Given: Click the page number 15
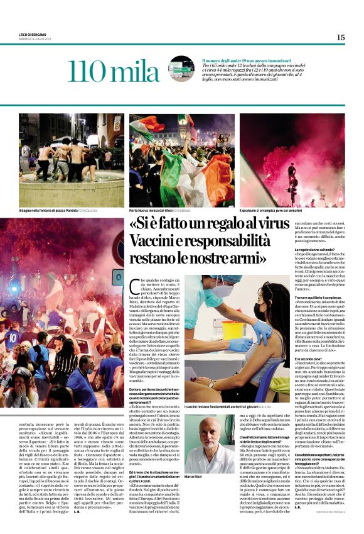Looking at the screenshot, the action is tap(340, 38).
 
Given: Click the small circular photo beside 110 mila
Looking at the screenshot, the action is tap(182, 68).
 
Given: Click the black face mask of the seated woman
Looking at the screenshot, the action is tap(263, 312).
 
